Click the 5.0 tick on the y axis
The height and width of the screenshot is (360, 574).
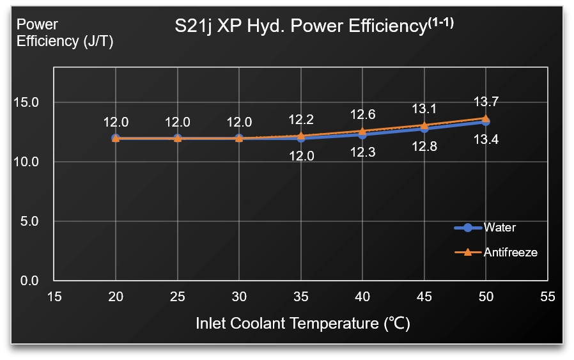coord(29,221)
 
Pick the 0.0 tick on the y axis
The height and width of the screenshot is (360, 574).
coord(29,281)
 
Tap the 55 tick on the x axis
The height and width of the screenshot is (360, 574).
coord(547,297)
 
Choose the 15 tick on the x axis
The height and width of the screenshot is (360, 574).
coord(54,297)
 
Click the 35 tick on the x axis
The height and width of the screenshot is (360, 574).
coord(300,297)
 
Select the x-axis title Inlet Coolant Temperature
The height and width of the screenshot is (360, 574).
coord(302,324)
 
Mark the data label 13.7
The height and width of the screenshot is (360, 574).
coord(486,102)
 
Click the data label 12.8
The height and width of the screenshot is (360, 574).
coord(424,147)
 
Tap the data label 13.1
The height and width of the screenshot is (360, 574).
coord(424,109)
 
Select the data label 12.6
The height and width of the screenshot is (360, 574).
coord(362,115)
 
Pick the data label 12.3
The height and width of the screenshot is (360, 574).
coord(362,153)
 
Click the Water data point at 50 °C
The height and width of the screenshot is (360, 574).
coord(486,121)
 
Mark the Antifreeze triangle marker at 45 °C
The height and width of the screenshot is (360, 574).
coord(424,125)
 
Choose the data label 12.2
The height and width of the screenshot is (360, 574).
coord(300,120)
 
